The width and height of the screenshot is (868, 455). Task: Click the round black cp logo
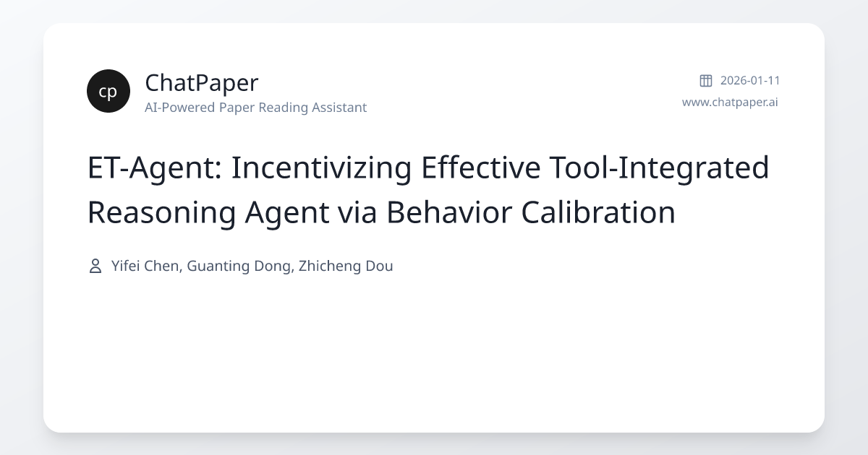coord(109,91)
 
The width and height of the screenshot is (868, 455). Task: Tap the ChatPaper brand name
coord(201,83)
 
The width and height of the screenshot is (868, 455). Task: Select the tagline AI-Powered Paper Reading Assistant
coord(255,108)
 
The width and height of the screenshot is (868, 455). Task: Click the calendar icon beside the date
coord(706,80)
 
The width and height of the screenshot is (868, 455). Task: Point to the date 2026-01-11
coord(750,80)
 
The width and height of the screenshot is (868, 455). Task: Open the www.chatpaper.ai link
coord(730,102)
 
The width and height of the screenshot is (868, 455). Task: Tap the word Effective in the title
coord(481,168)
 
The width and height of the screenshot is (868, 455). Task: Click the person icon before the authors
coord(95,266)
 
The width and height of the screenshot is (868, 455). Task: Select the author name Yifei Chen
coord(145,266)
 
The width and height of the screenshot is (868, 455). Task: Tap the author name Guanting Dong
coord(239,266)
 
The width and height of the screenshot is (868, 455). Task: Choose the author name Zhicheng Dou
coord(346,266)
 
